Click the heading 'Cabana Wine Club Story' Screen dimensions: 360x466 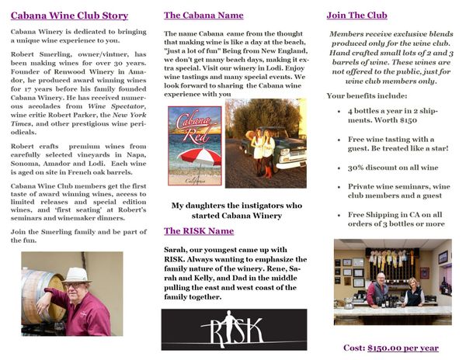[x=69, y=16]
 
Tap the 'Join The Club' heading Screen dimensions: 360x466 [x=356, y=15]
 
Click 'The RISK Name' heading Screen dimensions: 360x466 [x=199, y=231]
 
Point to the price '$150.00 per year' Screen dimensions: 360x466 [x=402, y=348]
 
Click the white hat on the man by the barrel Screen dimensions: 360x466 [x=77, y=274]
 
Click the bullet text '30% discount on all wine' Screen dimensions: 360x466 [x=393, y=167]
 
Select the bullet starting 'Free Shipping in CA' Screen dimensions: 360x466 [x=396, y=219]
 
